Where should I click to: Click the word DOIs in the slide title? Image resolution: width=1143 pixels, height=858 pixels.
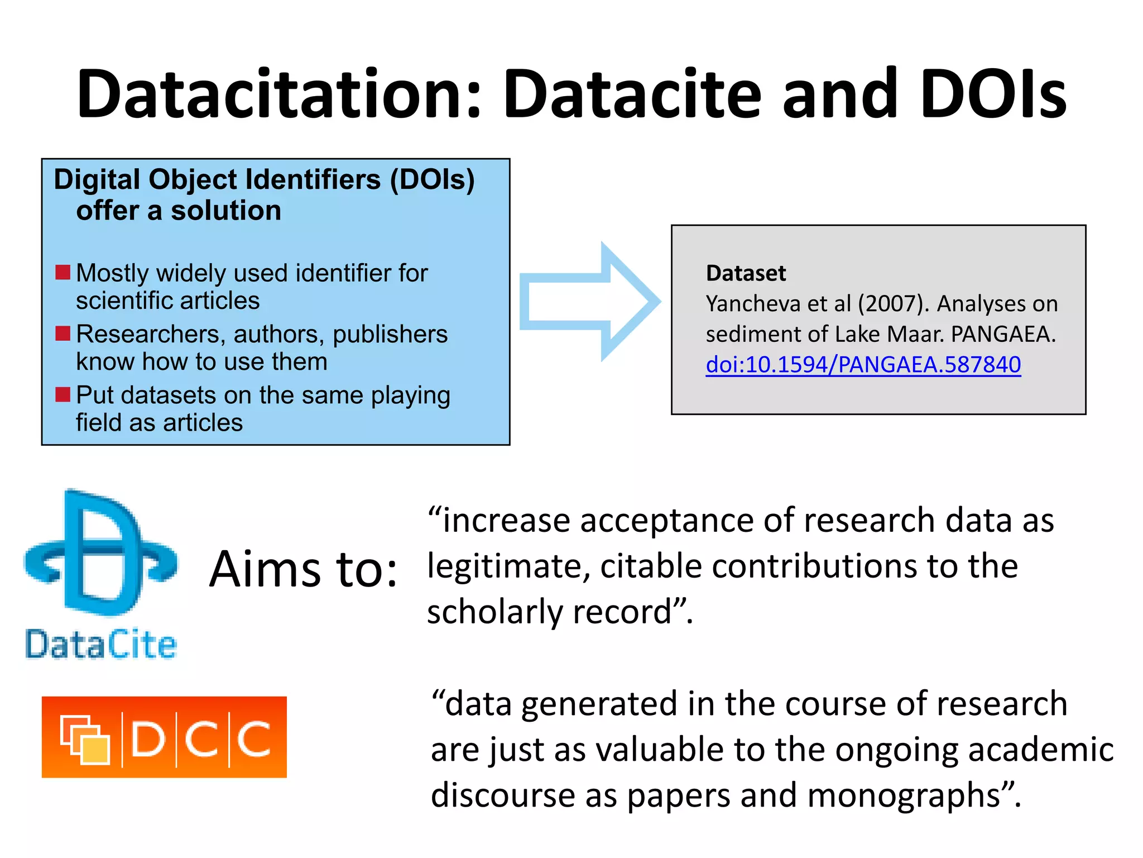point(993,94)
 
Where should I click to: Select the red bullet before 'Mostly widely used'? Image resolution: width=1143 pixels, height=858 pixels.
point(63,273)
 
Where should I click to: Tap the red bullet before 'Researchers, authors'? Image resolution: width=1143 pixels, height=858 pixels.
point(63,333)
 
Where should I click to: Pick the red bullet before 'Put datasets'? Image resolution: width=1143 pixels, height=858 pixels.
point(63,394)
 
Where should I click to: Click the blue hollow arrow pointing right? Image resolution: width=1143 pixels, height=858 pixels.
point(589,302)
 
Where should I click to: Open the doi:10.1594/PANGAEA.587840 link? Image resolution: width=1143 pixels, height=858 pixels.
point(863,364)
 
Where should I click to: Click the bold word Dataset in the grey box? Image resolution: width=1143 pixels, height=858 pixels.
point(746,273)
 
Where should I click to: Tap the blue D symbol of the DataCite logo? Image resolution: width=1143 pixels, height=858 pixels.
point(100,553)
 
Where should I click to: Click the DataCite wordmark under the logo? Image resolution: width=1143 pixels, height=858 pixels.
point(100,644)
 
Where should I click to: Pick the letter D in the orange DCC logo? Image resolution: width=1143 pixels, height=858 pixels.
point(148,739)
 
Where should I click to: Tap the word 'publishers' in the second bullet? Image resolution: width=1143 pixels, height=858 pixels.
point(390,334)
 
